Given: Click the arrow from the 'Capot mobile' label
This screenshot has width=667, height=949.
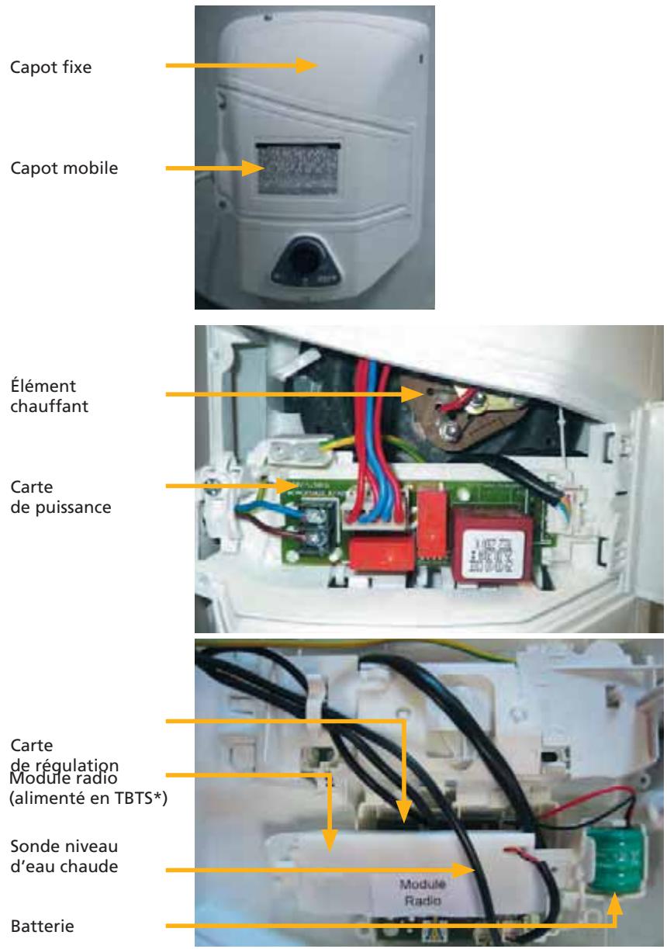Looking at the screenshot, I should (217, 167).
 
